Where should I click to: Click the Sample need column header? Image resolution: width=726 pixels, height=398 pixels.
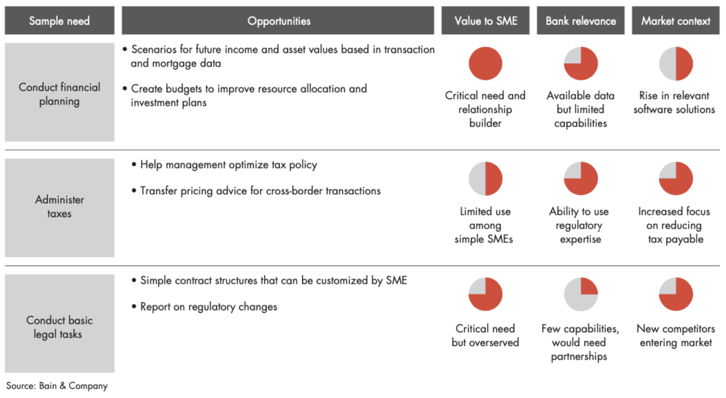[59, 21]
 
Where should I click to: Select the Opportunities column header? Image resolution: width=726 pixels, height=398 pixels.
[278, 21]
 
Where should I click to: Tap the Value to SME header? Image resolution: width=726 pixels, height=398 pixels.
[486, 21]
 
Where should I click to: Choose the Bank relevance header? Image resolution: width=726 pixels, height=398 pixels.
[580, 21]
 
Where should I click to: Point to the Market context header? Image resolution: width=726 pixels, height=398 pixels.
[675, 21]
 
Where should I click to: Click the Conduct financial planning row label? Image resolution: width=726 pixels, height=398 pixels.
[59, 94]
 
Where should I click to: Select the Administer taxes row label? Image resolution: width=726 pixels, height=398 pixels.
[59, 207]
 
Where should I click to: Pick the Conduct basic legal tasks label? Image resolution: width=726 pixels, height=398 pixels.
[59, 327]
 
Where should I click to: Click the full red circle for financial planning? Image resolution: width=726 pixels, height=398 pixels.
[485, 64]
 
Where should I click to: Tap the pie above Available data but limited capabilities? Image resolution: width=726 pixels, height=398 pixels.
[580, 64]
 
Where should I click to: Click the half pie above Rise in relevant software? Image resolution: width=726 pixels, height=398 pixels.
[676, 64]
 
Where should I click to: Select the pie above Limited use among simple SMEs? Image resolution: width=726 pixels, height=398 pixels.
[485, 179]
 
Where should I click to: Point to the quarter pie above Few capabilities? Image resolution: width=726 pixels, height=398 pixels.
[580, 294]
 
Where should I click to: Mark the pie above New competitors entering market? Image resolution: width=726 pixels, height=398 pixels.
[676, 294]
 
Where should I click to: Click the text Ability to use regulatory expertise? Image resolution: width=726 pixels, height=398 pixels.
[579, 225]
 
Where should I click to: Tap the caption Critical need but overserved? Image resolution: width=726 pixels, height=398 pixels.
[485, 335]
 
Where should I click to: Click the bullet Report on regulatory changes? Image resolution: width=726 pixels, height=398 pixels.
[208, 307]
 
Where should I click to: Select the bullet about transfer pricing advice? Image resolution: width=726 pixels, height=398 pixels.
[260, 191]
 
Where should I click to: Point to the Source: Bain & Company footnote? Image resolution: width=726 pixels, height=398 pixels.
[57, 386]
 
